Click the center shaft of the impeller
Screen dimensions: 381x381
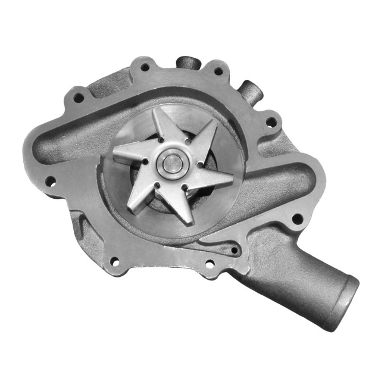(x=171, y=163)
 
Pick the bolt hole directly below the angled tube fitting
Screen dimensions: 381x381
(x=271, y=121)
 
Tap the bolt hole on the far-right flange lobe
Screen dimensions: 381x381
(x=296, y=218)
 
